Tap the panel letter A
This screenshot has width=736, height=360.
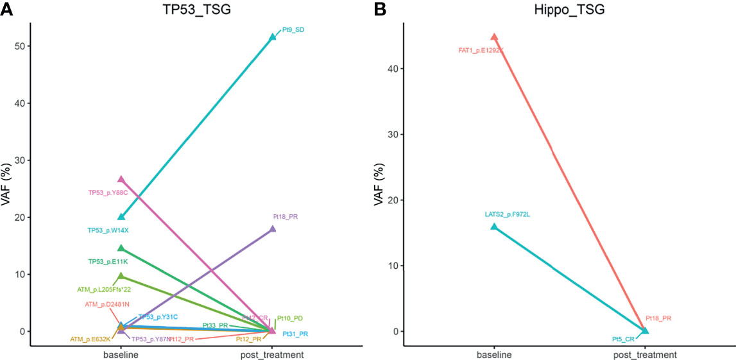click(6, 9)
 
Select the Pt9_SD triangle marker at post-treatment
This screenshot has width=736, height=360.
click(273, 37)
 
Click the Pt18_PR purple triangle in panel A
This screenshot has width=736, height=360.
click(273, 229)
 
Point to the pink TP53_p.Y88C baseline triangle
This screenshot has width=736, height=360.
click(121, 180)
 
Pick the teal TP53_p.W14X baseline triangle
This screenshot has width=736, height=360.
click(121, 217)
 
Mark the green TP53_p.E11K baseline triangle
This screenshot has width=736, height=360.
click(121, 248)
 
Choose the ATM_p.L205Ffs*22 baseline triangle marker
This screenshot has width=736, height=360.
click(121, 276)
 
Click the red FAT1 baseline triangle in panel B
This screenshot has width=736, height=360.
click(494, 37)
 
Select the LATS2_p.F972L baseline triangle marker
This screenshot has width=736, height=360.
click(494, 227)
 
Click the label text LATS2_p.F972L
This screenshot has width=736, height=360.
click(509, 214)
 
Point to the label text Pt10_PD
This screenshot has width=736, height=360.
click(290, 318)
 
